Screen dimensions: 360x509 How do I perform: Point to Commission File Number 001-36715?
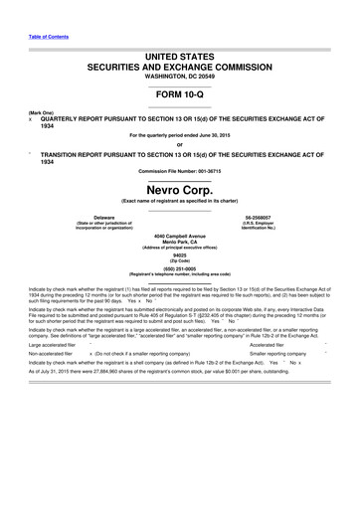click(x=180, y=170)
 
